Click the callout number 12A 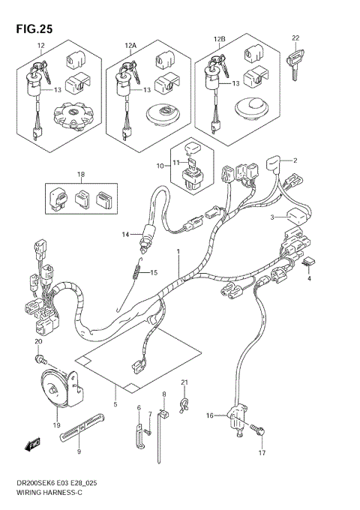point(130,46)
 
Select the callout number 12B point(219,38)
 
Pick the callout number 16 point(211,415)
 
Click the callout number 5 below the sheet point(115,405)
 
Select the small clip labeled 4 point(307,263)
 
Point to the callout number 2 point(295,160)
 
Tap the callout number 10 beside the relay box point(159,165)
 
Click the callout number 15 point(155,273)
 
